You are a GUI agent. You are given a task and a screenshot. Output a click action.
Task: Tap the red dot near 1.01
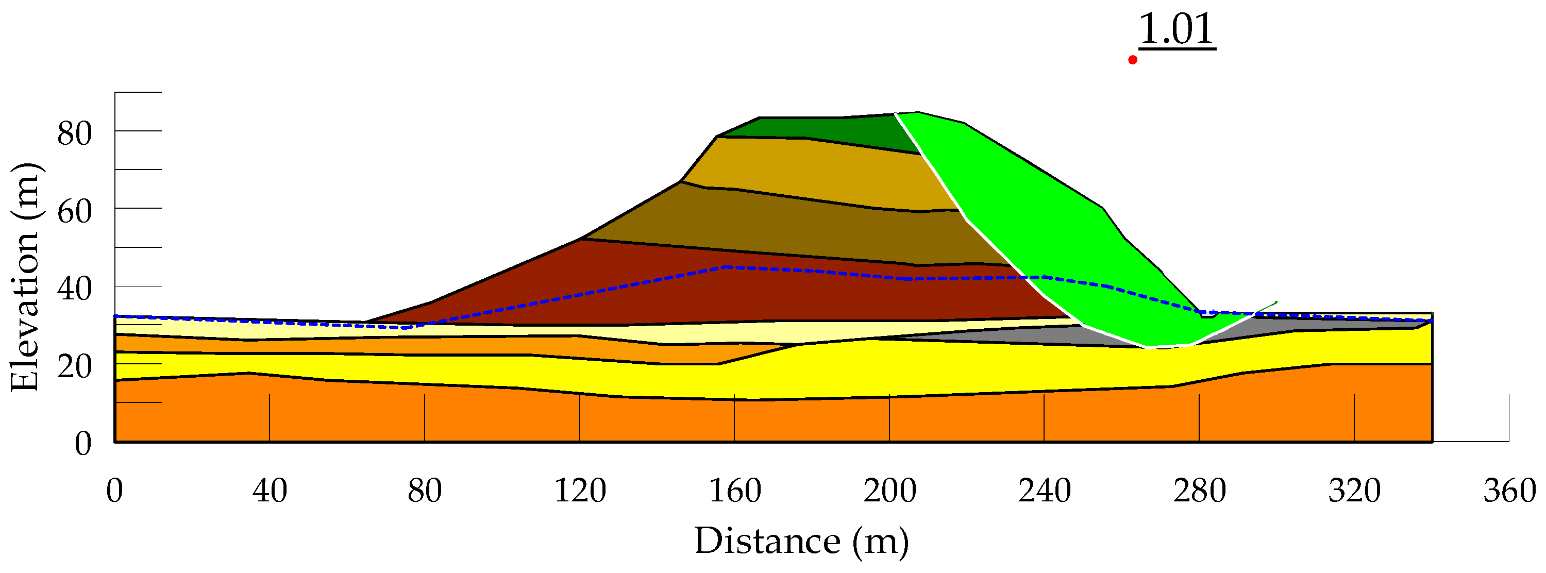click(1133, 59)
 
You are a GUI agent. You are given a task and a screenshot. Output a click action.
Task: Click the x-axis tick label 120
click(579, 491)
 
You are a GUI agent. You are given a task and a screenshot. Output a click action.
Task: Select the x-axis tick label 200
click(889, 491)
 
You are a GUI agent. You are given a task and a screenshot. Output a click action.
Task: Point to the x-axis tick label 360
click(1509, 491)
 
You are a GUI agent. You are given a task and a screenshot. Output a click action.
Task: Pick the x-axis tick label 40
click(270, 491)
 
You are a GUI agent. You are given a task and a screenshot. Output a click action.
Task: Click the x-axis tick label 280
click(1199, 491)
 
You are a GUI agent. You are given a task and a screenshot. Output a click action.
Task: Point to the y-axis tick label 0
click(83, 444)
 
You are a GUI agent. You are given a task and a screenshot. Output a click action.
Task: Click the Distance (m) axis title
click(801, 541)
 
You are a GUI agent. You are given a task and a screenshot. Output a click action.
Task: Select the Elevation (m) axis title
click(25, 277)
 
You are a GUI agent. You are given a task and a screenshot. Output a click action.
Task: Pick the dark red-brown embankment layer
click(720, 294)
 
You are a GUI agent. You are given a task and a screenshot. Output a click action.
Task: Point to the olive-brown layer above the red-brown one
click(780, 222)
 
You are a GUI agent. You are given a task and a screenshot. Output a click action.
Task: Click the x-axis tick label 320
click(1354, 491)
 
